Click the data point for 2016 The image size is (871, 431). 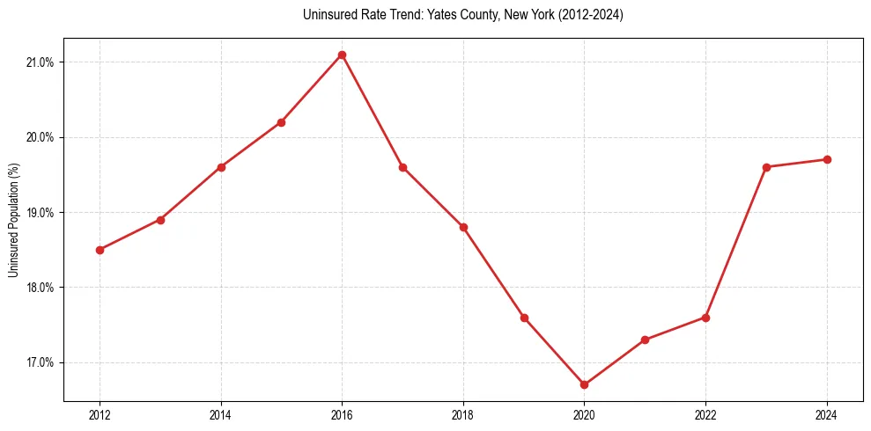(342, 55)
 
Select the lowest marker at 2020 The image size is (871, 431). (584, 384)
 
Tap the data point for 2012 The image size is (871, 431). (100, 250)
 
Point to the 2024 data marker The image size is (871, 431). (827, 159)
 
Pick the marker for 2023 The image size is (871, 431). (766, 167)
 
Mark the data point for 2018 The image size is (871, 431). (463, 227)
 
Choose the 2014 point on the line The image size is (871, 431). (221, 167)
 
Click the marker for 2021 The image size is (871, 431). (645, 340)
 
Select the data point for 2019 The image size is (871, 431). (524, 318)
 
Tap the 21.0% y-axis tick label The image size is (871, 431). (41, 62)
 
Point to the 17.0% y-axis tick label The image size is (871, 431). (41, 362)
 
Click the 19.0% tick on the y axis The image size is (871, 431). (41, 213)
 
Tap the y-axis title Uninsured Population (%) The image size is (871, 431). (13, 220)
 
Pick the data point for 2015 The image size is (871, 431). (281, 122)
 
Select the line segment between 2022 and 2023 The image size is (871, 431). (736, 242)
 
